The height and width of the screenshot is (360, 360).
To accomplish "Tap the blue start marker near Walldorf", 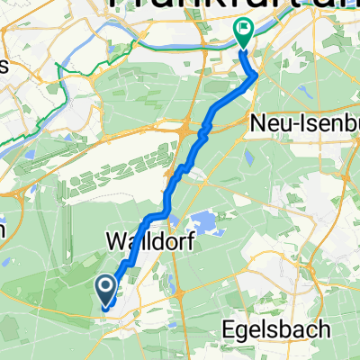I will click(x=105, y=289).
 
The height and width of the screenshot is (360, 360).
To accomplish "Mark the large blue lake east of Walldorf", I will click(x=205, y=221).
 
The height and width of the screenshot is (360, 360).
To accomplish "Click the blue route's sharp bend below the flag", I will click(x=257, y=76).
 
